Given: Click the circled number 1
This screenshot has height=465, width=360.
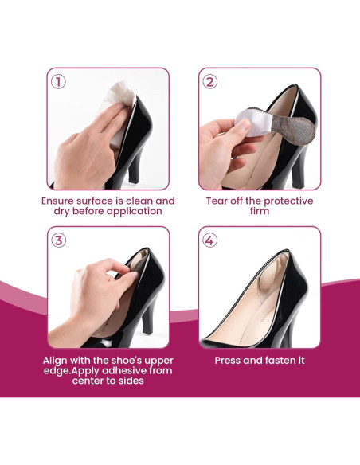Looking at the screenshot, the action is pyautogui.click(x=58, y=82).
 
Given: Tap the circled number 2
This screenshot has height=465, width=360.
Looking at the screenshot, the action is pyautogui.click(x=209, y=82).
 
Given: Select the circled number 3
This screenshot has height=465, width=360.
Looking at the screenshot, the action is pyautogui.click(x=58, y=240).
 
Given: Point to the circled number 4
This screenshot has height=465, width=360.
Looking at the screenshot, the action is pyautogui.click(x=209, y=240).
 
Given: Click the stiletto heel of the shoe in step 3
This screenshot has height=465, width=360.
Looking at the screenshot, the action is pyautogui.click(x=148, y=322).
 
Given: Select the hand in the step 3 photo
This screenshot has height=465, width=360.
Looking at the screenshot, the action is pyautogui.click(x=95, y=299).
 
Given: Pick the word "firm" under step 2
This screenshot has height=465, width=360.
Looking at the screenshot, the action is pyautogui.click(x=260, y=211).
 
